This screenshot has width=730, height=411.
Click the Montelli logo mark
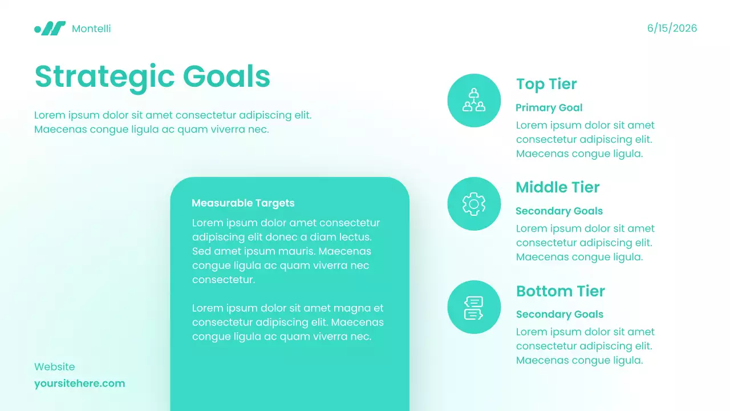coord(50,29)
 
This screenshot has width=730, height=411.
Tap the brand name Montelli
coord(91,29)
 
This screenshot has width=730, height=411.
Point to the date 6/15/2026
coord(672,29)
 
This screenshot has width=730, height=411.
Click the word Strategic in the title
coord(104,76)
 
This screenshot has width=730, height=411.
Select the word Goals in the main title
coord(226,76)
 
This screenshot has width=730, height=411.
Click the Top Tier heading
coord(546,84)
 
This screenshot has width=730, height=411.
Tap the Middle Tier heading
coord(557,187)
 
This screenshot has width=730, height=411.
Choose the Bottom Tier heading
coord(560,291)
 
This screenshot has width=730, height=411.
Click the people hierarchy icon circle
coord(474,100)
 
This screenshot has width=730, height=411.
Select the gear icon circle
coord(474,204)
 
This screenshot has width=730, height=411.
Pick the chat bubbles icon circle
coord(474,307)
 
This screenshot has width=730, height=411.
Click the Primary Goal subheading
coord(549,108)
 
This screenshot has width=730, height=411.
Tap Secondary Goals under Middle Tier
coord(559,211)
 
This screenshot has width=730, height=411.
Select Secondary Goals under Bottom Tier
coord(559,315)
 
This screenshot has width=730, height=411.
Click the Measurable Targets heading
coord(243,203)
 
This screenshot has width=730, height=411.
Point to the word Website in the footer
coord(54,367)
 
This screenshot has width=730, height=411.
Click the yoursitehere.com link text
coord(79,384)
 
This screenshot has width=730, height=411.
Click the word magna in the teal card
coord(354,308)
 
